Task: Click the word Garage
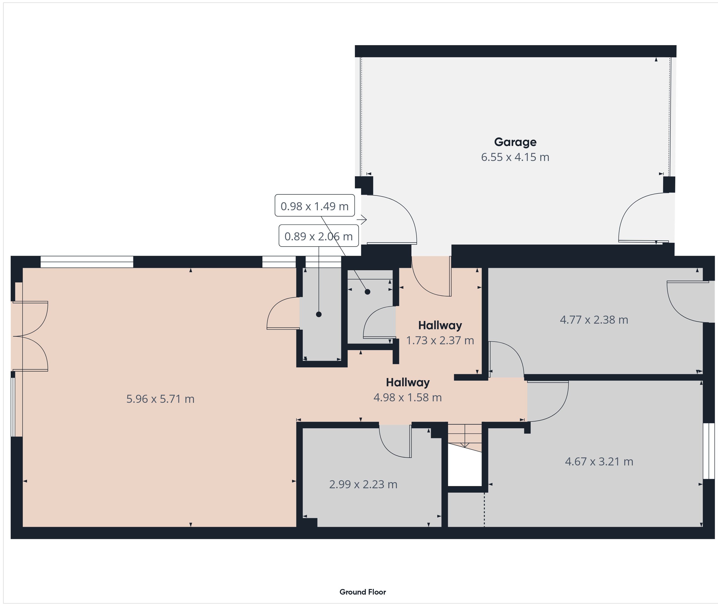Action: coord(515,142)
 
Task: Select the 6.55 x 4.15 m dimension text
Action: coord(515,157)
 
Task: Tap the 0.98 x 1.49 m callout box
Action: coord(315,205)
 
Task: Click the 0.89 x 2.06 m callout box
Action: coord(319,236)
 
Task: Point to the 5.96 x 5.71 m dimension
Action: coord(160,399)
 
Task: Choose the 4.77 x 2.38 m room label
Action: coord(594,320)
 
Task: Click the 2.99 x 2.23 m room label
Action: coord(363,484)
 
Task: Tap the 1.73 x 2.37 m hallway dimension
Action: coord(440,340)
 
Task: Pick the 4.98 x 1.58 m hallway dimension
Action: coord(408,397)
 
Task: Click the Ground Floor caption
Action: coord(363,592)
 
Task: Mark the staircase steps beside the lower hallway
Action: coord(465,437)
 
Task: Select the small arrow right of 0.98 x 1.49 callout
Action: coord(362,219)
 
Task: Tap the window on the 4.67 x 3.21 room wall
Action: coord(709,451)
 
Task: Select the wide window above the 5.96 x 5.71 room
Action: coord(87,262)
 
